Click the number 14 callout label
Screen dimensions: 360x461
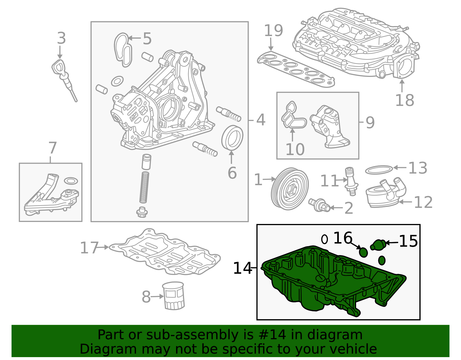(x=242, y=268)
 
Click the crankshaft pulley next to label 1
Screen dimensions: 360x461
(x=289, y=189)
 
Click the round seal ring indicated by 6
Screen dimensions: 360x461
(x=232, y=138)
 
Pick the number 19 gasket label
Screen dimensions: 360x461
(x=273, y=31)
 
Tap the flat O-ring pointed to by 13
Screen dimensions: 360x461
(x=379, y=170)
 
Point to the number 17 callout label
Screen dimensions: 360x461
(x=89, y=248)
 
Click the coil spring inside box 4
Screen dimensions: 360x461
(x=144, y=187)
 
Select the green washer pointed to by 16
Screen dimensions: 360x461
(x=363, y=252)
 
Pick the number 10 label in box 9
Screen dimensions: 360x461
(x=295, y=149)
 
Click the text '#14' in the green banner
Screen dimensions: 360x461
(x=272, y=335)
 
